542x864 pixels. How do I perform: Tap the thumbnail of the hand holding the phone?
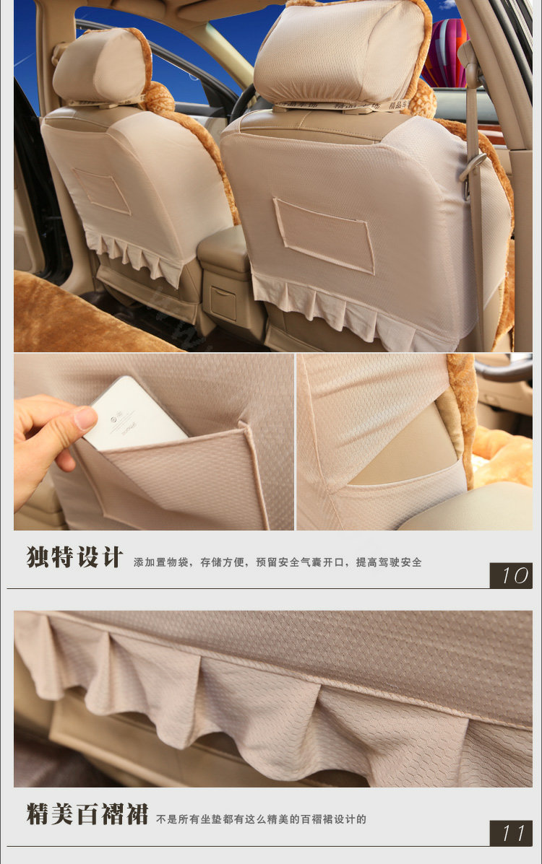coord(153,442)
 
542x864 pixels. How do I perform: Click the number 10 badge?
coord(511,575)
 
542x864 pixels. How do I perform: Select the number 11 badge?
coord(511,833)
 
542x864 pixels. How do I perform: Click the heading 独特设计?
coord(75,558)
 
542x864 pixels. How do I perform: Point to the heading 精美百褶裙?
coord(87,815)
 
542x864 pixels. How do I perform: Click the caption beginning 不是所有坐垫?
coord(262,819)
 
